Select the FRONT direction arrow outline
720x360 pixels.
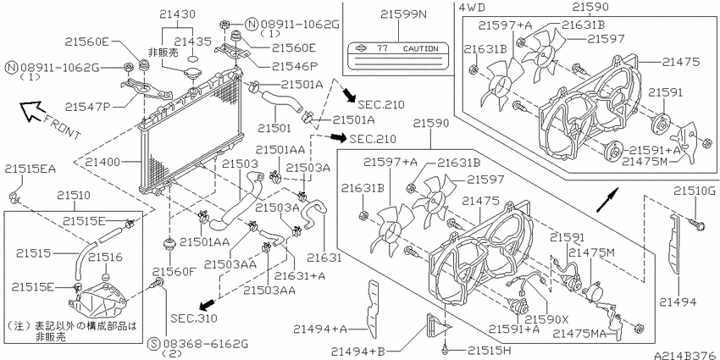point(31,112)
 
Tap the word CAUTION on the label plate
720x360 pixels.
point(421,48)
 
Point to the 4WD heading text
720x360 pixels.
point(472,7)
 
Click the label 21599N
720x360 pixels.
point(403,14)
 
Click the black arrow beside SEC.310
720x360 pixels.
point(207,303)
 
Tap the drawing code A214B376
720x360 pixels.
point(686,356)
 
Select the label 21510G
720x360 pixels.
point(695,190)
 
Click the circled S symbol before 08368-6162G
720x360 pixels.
point(155,343)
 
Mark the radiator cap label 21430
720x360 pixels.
point(178,14)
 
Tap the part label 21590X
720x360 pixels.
point(546,319)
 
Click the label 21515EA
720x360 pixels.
point(30,169)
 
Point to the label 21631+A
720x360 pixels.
point(300,276)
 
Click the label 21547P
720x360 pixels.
point(88,108)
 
